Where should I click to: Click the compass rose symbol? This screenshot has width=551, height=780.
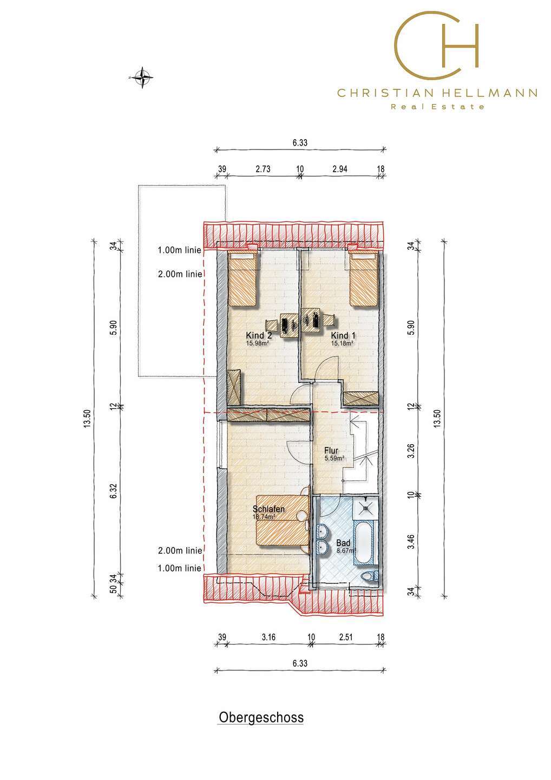[142, 77]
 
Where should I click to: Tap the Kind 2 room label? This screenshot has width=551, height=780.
[259, 336]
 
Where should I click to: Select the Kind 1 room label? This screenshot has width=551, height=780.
[343, 336]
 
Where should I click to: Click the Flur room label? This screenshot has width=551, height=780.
[331, 451]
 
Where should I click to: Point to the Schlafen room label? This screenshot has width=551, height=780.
[268, 509]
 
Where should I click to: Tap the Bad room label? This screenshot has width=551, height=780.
[343, 543]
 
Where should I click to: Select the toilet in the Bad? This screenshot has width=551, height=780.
[370, 576]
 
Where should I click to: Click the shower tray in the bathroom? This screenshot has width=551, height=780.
[365, 508]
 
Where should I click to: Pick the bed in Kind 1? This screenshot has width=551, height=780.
[364, 279]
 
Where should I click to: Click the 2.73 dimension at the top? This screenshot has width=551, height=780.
[263, 169]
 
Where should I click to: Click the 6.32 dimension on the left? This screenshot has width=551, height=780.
[114, 491]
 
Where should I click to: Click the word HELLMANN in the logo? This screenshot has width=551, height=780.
[490, 93]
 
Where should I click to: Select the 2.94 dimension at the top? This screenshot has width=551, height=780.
[340, 169]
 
